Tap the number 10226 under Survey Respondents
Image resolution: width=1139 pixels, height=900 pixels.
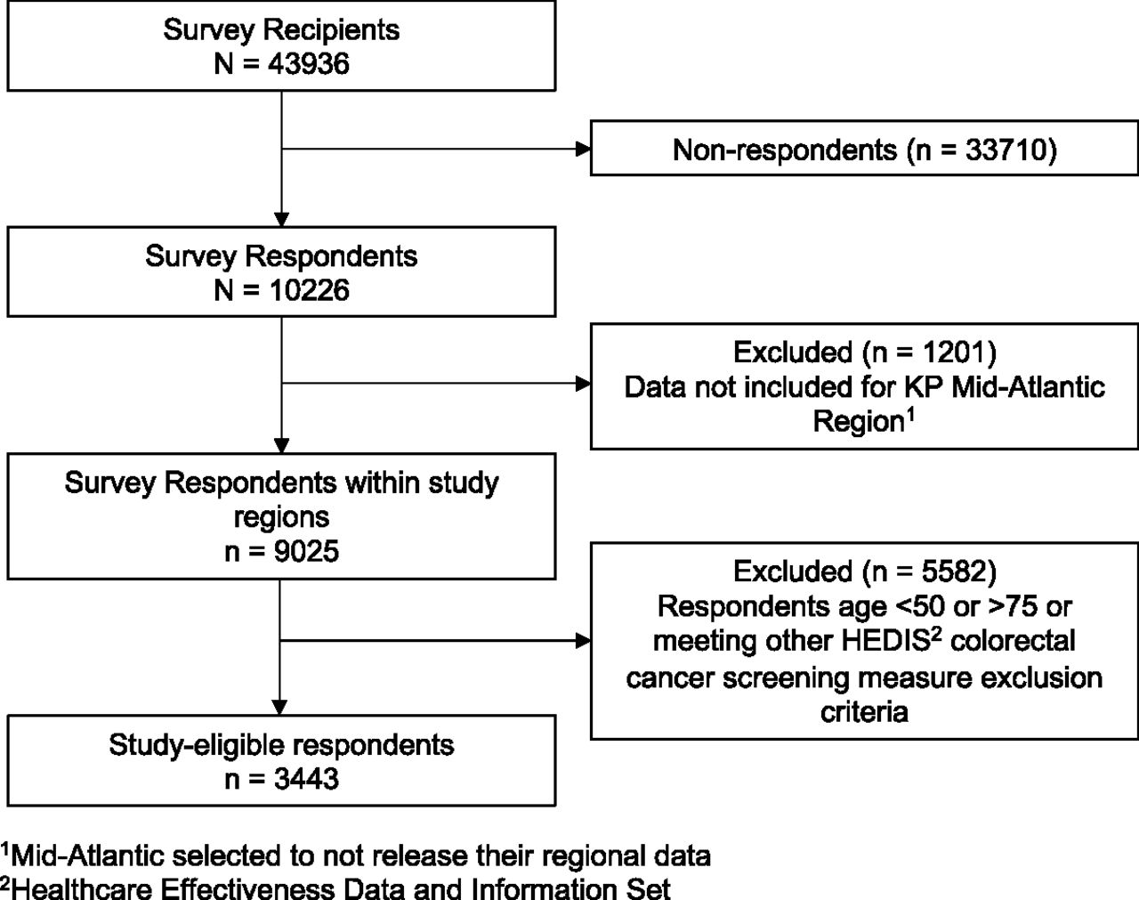309,290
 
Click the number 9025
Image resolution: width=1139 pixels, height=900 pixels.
306,552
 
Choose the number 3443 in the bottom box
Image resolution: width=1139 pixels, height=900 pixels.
306,779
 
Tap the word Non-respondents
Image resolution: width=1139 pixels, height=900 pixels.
785,150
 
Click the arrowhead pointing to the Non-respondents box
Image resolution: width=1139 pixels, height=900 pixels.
583,149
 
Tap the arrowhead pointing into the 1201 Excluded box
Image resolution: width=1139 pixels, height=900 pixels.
583,384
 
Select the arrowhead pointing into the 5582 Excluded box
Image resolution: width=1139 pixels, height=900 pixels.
583,641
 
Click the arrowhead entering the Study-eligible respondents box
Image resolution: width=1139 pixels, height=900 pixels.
279,708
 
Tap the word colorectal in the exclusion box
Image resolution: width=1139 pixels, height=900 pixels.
1013,641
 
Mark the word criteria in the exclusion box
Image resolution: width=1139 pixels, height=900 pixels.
864,712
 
